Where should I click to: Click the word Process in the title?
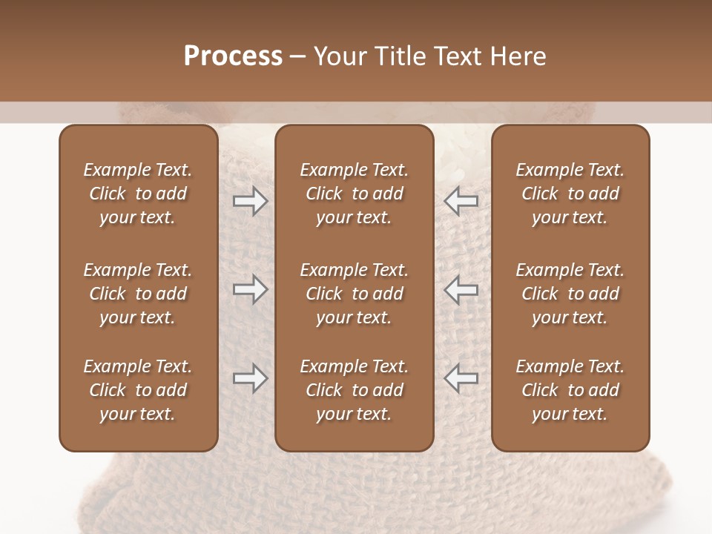233,56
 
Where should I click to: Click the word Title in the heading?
399,56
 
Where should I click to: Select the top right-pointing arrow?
250,201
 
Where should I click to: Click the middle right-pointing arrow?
250,289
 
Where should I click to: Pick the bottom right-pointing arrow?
250,378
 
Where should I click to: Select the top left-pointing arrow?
461,201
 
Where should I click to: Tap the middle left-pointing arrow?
461,289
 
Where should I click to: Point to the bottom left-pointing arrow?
461,378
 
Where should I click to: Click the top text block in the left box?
138,194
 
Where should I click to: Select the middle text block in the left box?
138,294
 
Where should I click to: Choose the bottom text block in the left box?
138,390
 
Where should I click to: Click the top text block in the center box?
354,194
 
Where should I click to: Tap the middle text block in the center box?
354,294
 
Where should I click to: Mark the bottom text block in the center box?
354,390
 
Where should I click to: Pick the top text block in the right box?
570,194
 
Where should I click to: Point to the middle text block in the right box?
570,294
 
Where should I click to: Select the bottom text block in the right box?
570,390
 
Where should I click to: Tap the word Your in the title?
340,56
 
